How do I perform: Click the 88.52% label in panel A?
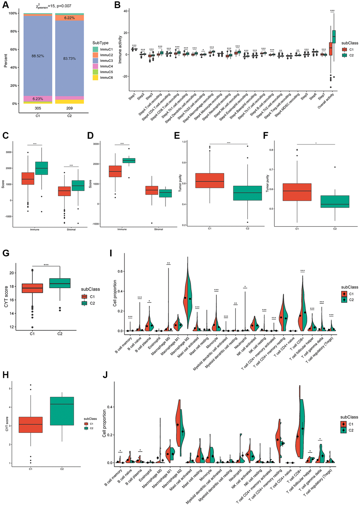(37, 56)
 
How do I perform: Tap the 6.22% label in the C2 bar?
(69, 18)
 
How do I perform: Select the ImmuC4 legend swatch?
(95, 66)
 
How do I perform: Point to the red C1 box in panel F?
(297, 192)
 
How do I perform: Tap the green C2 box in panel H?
(62, 411)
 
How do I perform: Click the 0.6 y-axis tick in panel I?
(121, 272)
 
